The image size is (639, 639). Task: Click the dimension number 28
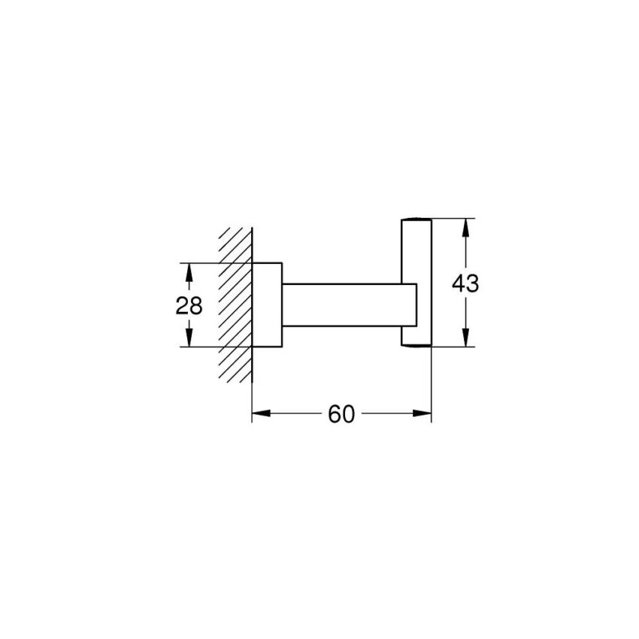click(189, 305)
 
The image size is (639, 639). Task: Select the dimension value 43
click(465, 283)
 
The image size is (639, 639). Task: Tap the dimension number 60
click(341, 414)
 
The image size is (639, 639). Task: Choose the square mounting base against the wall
click(266, 304)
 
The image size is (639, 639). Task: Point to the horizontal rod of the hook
click(346, 304)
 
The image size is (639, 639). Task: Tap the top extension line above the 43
click(451, 218)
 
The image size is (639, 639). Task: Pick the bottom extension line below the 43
click(451, 347)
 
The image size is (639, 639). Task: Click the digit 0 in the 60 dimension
click(347, 414)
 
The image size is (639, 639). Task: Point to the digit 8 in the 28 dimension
click(196, 305)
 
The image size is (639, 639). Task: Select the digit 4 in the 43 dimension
click(459, 283)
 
